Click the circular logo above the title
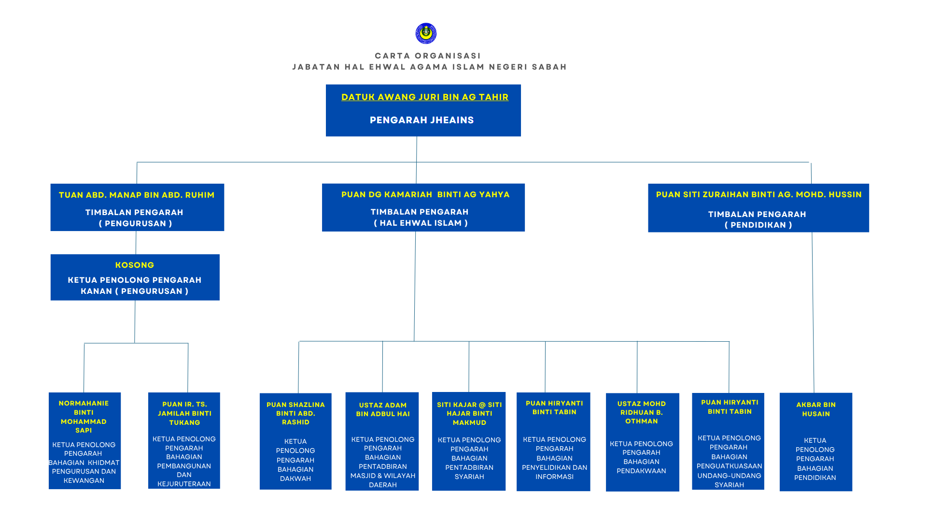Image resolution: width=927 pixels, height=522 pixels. pyautogui.click(x=426, y=33)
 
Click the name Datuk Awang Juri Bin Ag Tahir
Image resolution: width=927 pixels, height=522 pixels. pyautogui.click(x=425, y=97)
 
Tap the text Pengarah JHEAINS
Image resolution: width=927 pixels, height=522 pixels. pyautogui.click(x=422, y=120)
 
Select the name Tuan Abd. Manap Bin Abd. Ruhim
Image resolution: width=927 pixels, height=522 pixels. pyautogui.click(x=137, y=195)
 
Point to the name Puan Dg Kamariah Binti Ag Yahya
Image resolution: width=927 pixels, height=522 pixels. pyautogui.click(x=425, y=194)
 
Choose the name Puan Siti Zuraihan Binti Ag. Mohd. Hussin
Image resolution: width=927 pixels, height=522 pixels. pyautogui.click(x=758, y=194)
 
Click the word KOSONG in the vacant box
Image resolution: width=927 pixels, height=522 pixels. pyautogui.click(x=135, y=265)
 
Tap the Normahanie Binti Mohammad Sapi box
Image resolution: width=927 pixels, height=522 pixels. pyautogui.click(x=84, y=441)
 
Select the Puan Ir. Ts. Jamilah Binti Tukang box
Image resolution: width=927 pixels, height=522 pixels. pyautogui.click(x=184, y=441)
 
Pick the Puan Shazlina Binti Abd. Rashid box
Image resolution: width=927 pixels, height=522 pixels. pyautogui.click(x=295, y=441)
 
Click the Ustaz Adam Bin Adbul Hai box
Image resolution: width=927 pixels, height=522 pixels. pyautogui.click(x=382, y=441)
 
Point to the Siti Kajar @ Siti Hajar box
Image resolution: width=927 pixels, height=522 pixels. pyautogui.click(x=469, y=441)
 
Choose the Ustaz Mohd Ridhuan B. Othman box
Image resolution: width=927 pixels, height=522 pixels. pyautogui.click(x=643, y=442)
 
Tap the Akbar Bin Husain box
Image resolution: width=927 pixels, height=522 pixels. pyautogui.click(x=816, y=442)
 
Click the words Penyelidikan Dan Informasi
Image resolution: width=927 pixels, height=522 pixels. pyautogui.click(x=554, y=472)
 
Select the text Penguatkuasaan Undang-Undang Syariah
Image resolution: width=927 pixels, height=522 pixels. pyautogui.click(x=730, y=476)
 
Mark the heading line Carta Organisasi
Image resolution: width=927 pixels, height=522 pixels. pyautogui.click(x=428, y=56)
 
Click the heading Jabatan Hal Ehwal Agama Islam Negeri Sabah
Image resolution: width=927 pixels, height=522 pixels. pyautogui.click(x=430, y=67)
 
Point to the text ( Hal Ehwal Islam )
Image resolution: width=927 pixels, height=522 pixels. pyautogui.click(x=421, y=223)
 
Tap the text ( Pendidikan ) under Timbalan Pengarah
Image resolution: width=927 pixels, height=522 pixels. pyautogui.click(x=758, y=225)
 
